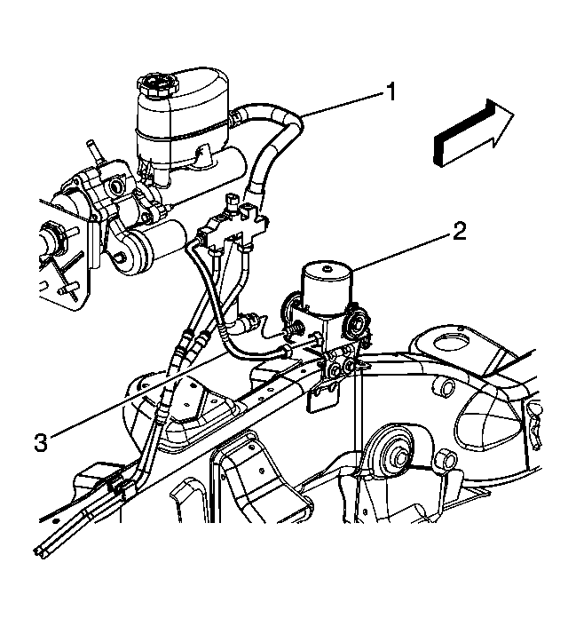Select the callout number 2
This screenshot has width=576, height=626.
point(457,234)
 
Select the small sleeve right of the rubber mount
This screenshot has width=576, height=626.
point(446,460)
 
